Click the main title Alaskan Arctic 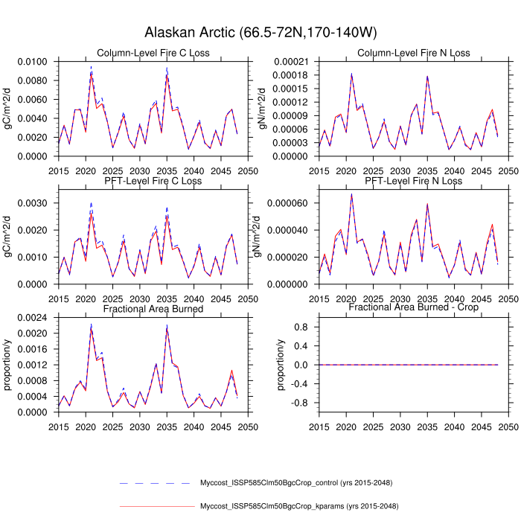tap(260, 33)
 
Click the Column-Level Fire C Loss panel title tap(153, 53)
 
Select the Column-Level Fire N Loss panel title tap(413, 53)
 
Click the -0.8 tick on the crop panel tap(300, 403)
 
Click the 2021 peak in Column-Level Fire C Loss tap(91, 69)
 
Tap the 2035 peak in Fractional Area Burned tap(167, 325)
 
